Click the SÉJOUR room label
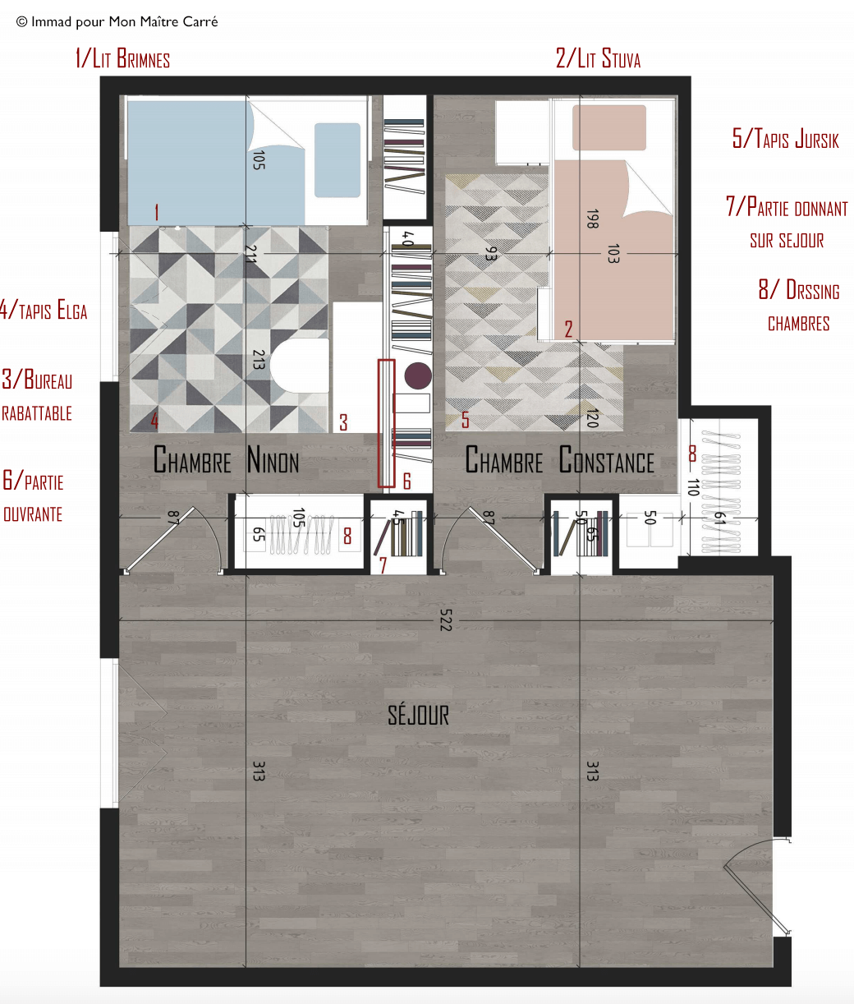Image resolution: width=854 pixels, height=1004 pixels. (x=418, y=716)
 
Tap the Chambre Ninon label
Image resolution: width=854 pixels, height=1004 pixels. (x=226, y=459)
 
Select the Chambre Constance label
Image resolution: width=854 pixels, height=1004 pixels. (x=559, y=459)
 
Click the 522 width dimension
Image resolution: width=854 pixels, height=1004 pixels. (x=446, y=620)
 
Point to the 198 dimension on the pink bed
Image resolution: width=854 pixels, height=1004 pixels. (x=592, y=219)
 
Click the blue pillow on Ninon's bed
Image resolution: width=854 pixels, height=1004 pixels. (x=337, y=160)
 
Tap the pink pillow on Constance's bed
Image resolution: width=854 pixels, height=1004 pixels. (x=609, y=127)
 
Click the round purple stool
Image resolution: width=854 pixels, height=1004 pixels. (x=418, y=375)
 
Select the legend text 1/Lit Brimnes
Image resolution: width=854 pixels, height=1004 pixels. (x=122, y=58)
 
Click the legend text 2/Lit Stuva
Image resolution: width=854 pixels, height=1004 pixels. (x=598, y=58)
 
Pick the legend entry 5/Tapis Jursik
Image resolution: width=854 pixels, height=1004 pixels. (x=785, y=139)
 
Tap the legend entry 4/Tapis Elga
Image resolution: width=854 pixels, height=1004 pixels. (x=44, y=310)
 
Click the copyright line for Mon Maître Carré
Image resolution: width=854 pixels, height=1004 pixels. (x=117, y=22)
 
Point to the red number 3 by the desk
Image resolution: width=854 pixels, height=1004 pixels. (x=343, y=422)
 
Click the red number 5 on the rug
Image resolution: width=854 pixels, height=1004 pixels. (x=465, y=420)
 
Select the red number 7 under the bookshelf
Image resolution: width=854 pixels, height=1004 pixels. (x=383, y=565)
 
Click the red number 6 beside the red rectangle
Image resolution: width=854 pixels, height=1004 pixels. (x=406, y=481)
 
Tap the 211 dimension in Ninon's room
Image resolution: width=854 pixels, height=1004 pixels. (x=250, y=254)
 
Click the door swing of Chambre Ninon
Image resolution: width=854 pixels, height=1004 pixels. (x=172, y=540)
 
